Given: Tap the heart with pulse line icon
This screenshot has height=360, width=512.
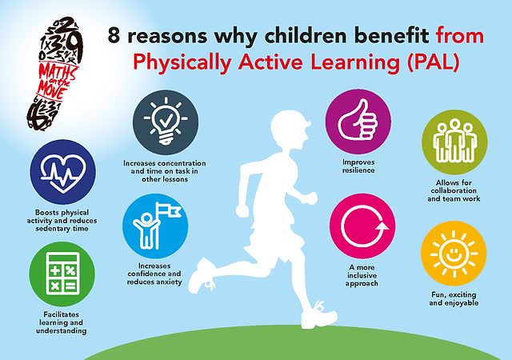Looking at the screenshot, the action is [63, 172].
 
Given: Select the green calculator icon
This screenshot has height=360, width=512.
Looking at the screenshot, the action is [62, 274].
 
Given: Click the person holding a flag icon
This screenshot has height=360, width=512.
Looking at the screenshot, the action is [156, 226].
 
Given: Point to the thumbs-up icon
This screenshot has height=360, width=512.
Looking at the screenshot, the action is [358, 121].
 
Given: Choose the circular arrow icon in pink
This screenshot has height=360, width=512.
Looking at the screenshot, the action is [363, 226].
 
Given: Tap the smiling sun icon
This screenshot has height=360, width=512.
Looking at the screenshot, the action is [454, 254].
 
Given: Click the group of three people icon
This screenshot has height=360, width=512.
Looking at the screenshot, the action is [454, 141].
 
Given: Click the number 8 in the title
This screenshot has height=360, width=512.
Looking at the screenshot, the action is [114, 35].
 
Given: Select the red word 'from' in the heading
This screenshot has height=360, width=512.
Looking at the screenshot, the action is [460, 35].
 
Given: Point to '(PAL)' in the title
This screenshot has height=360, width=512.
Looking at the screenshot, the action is [433, 62].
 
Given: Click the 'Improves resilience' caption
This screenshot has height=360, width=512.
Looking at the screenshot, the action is [358, 166].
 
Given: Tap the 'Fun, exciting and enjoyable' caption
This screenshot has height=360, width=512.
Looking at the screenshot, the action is [454, 299].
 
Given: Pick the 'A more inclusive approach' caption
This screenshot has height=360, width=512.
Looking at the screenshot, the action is [362, 275].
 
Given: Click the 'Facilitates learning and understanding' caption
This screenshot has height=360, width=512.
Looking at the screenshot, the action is [62, 322].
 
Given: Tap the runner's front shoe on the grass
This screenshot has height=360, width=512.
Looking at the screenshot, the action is [318, 315].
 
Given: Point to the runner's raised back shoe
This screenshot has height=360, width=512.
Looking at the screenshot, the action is [202, 277].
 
